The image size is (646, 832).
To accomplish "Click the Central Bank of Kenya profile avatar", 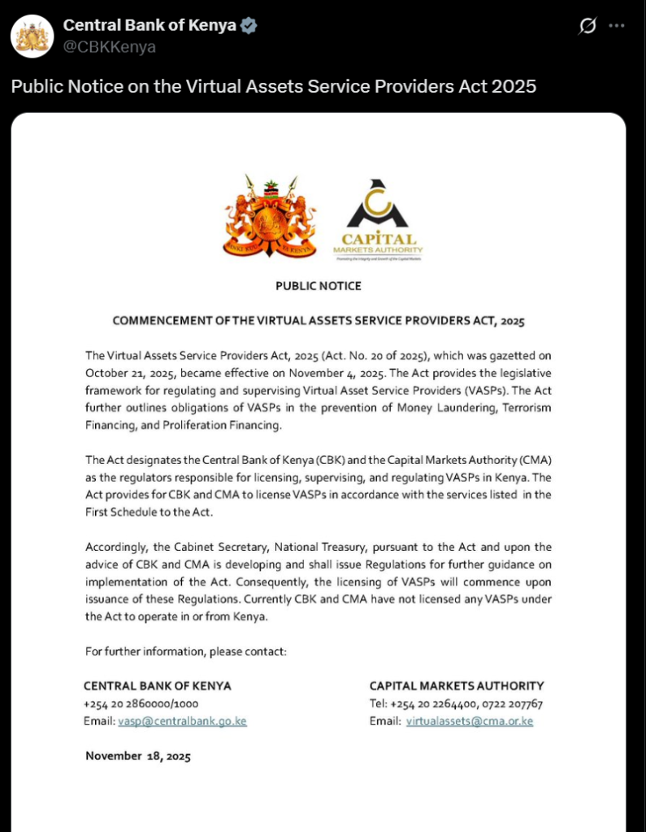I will click(x=32, y=34).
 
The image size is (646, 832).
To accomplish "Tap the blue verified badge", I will click(x=249, y=26).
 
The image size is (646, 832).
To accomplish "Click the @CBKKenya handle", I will click(x=110, y=47).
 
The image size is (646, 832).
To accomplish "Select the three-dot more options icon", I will click(x=617, y=26).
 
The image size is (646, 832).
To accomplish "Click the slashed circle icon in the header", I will click(x=587, y=26).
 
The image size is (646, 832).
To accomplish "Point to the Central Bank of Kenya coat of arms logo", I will click(x=271, y=216).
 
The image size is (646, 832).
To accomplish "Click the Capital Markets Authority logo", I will click(x=377, y=219).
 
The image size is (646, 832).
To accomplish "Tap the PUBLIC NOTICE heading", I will click(x=319, y=286).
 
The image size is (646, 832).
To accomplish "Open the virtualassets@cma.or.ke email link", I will click(x=469, y=721).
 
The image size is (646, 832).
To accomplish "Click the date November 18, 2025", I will click(x=138, y=756).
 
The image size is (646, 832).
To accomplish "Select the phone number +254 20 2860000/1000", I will click(x=141, y=704).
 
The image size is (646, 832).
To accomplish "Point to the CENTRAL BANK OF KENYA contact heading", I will click(x=158, y=686).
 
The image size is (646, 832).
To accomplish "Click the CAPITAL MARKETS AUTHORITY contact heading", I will click(x=457, y=686).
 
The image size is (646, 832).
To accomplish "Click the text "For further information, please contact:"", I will click(x=186, y=651).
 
